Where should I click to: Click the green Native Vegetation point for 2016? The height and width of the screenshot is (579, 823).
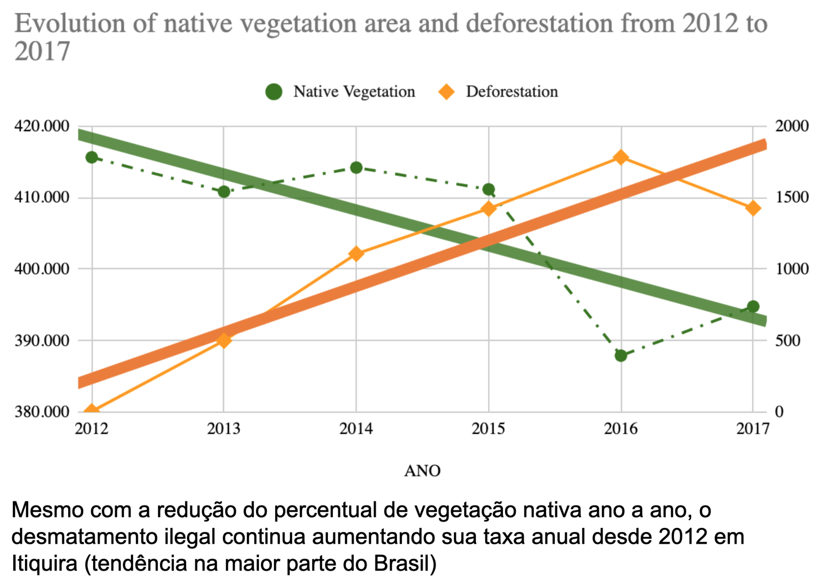click(x=620, y=355)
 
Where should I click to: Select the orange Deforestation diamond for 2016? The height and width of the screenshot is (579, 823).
click(x=620, y=157)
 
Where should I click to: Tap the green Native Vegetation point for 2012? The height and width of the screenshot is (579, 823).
click(x=91, y=157)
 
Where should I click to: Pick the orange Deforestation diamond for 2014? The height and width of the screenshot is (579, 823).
click(x=356, y=254)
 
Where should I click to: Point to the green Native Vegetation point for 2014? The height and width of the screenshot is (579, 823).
click(x=356, y=167)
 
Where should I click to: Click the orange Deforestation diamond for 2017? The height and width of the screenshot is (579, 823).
click(x=753, y=209)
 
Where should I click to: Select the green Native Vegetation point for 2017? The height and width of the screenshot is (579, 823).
click(x=753, y=306)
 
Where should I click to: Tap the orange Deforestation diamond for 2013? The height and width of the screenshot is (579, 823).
click(x=224, y=341)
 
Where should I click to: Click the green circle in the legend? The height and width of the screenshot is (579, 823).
click(x=274, y=91)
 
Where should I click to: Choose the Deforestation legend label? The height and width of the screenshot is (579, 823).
click(x=511, y=92)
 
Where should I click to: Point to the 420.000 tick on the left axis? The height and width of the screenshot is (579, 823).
click(x=42, y=126)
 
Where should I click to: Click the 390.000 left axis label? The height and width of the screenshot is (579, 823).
click(x=42, y=341)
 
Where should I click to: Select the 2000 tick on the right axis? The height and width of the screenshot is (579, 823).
click(x=792, y=126)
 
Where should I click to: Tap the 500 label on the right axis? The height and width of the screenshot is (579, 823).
click(x=787, y=341)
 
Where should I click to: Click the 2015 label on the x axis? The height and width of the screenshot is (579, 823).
click(x=488, y=428)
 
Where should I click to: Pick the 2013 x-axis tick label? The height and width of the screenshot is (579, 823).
click(x=224, y=428)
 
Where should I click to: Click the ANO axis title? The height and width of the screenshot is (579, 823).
click(x=422, y=471)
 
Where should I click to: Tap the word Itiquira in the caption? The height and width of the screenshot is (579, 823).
click(x=44, y=563)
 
